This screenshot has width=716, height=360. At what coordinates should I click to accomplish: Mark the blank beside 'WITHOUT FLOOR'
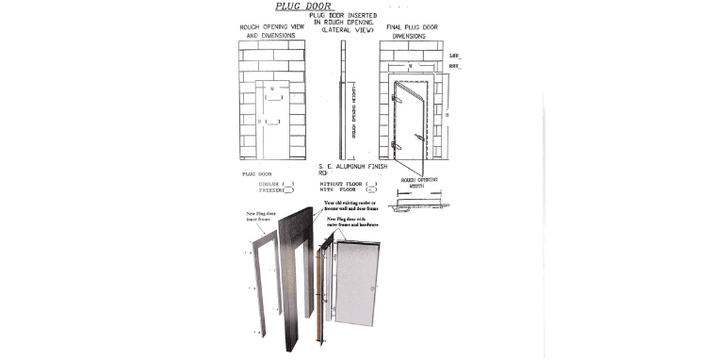372,182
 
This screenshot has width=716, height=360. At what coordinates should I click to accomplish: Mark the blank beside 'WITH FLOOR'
372,188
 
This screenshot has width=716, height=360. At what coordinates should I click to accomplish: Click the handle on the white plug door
374,288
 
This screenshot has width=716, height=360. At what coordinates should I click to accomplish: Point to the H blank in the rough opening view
272,122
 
